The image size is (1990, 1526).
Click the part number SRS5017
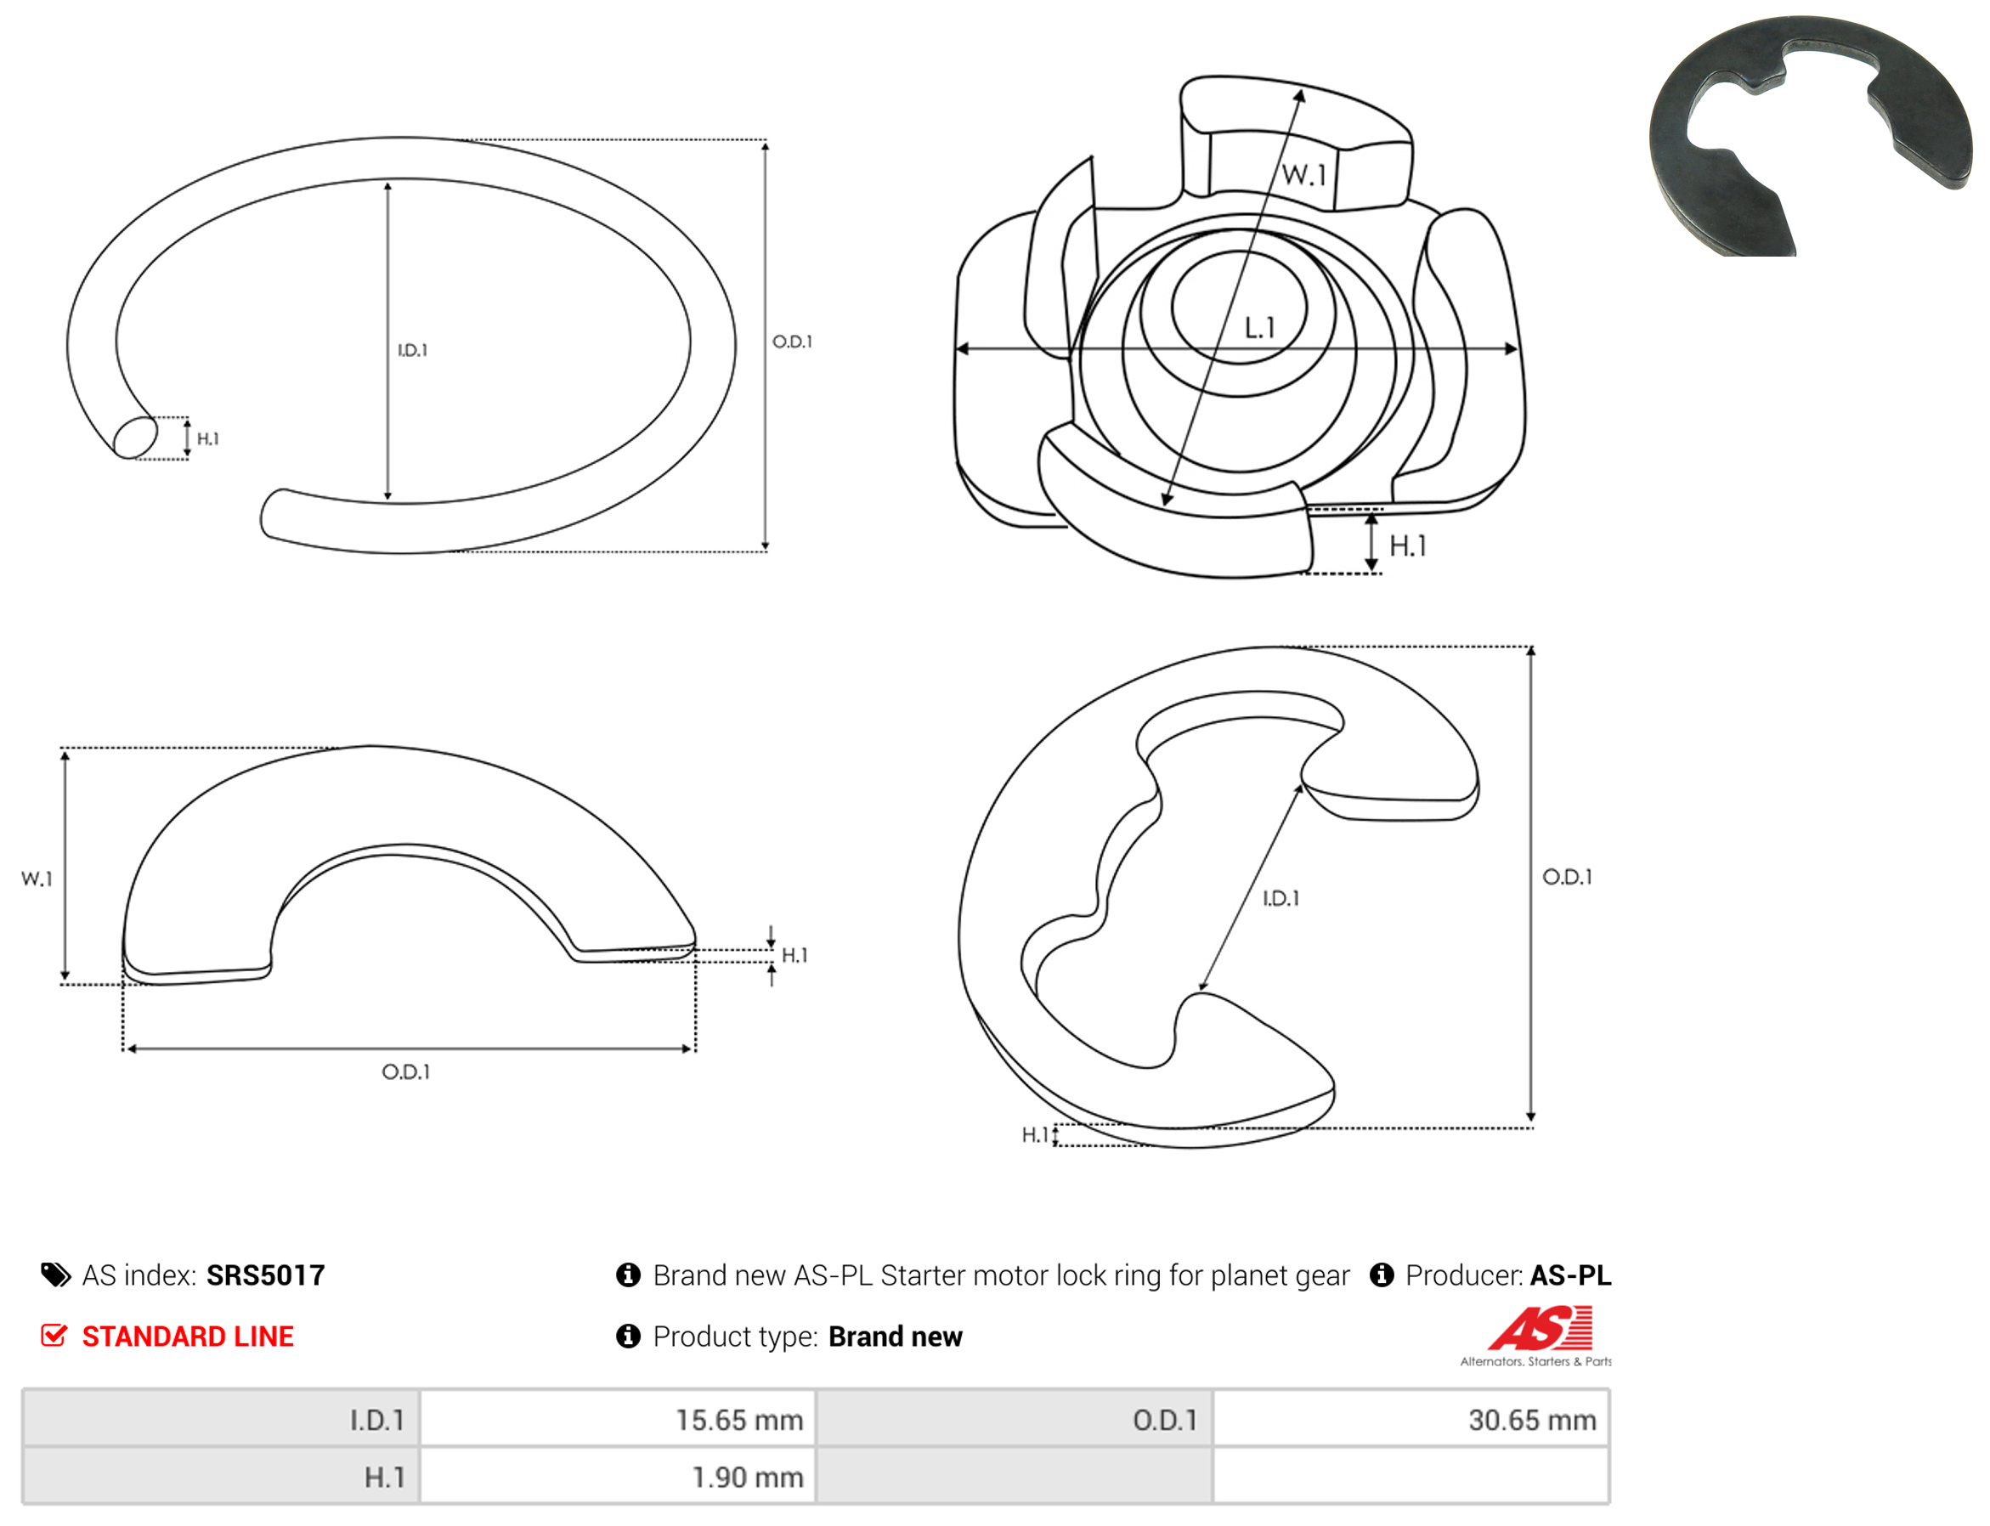click(x=265, y=1274)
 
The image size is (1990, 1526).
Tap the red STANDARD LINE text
click(x=188, y=1337)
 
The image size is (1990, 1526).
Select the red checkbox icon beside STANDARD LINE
click(x=54, y=1336)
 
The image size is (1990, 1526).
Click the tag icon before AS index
click(x=55, y=1275)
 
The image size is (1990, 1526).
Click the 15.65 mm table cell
click(x=618, y=1420)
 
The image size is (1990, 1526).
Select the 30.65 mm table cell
click(x=1411, y=1420)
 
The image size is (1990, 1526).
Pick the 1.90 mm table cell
click(x=618, y=1477)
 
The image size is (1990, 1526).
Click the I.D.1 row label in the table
click(x=221, y=1420)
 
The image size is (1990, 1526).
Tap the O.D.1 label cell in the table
click(x=1015, y=1420)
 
